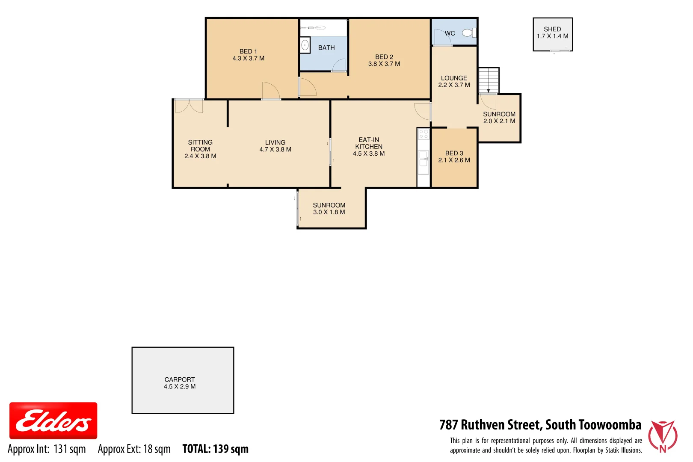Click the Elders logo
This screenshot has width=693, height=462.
pyautogui.click(x=53, y=421)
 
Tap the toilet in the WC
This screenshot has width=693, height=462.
pyautogui.click(x=469, y=33)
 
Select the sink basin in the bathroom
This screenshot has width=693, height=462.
pyautogui.click(x=305, y=45)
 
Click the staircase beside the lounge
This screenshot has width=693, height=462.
pyautogui.click(x=488, y=80)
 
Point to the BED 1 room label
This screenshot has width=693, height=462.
pyautogui.click(x=248, y=55)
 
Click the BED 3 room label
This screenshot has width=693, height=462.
pyautogui.click(x=454, y=157)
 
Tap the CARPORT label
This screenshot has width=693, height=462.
pyautogui.click(x=180, y=383)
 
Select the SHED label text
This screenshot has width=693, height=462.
pyautogui.click(x=552, y=33)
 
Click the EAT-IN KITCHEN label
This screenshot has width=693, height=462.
pyautogui.click(x=369, y=146)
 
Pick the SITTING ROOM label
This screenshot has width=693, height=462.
pyautogui.click(x=200, y=149)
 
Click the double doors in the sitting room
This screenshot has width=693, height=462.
pyautogui.click(x=189, y=106)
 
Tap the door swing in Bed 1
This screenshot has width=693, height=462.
pyautogui.click(x=271, y=91)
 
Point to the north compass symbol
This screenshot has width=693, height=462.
pyautogui.click(x=663, y=436)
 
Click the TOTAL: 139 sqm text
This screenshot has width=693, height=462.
pyautogui.click(x=215, y=449)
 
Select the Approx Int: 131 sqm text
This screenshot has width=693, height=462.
pyautogui.click(x=47, y=449)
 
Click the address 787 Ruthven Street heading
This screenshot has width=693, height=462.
pyautogui.click(x=540, y=425)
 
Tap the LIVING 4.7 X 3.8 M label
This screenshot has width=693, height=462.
pyautogui.click(x=275, y=146)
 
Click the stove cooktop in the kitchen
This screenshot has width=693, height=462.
pyautogui.click(x=423, y=134)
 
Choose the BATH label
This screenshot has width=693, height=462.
pyautogui.click(x=326, y=48)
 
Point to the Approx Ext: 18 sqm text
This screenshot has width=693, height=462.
pyautogui.click(x=134, y=449)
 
